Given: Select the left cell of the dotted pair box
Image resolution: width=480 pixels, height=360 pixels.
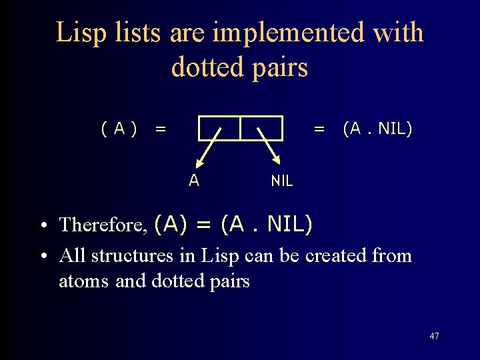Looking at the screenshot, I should click(219, 128).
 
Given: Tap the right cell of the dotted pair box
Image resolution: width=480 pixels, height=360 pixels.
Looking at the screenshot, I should click(261, 128).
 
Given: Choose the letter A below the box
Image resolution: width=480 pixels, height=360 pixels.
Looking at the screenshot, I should click(193, 180).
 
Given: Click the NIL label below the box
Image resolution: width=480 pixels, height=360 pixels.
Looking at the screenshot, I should click(281, 181).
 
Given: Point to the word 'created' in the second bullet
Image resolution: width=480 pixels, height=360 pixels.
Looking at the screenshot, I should click(335, 256).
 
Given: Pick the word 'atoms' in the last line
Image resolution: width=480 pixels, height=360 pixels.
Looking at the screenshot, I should click(85, 281).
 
